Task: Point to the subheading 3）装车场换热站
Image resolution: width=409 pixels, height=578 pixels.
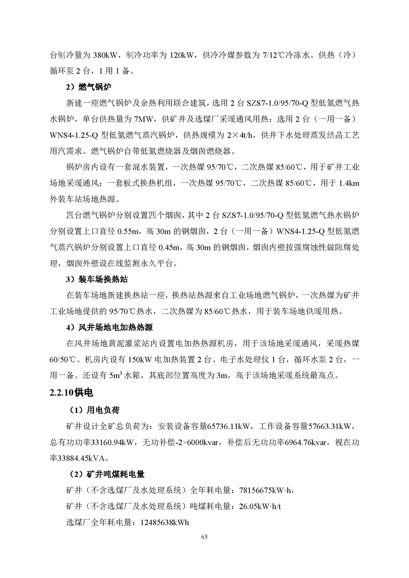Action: click(x=97, y=279)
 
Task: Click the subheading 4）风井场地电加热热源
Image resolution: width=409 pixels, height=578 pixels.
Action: click(x=109, y=327)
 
